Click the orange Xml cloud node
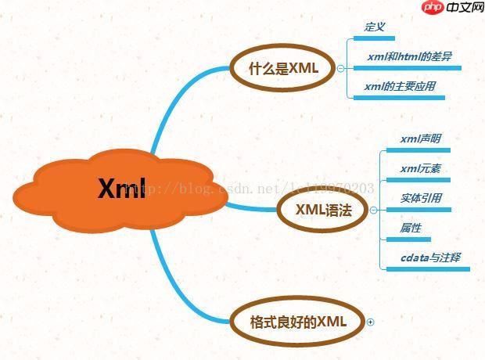[121, 189]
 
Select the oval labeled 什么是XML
[282, 68]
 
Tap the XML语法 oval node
[322, 210]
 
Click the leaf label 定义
[375, 27]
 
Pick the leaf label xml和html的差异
[408, 56]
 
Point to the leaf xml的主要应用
[399, 86]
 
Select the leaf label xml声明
[420, 139]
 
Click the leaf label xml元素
[420, 168]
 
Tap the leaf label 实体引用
[420, 198]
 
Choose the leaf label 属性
[411, 228]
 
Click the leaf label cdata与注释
[430, 257]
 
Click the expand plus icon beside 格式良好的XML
[371, 322]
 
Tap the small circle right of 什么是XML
[340, 68]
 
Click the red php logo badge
[432, 8]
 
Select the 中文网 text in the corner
[465, 8]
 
